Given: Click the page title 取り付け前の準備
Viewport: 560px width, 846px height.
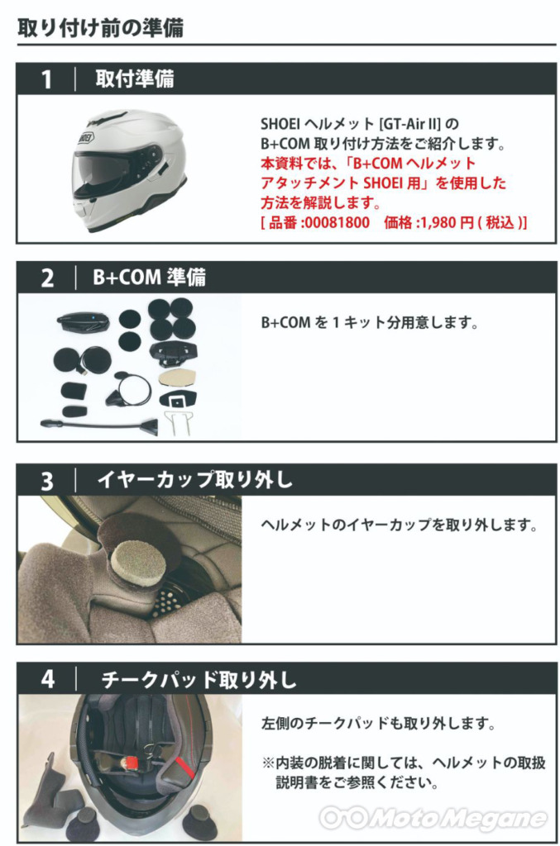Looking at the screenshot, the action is pyautogui.click(x=100, y=27).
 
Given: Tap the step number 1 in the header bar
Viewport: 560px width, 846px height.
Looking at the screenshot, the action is pyautogui.click(x=47, y=79).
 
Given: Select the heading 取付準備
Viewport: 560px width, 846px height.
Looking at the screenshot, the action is pyautogui.click(x=135, y=78).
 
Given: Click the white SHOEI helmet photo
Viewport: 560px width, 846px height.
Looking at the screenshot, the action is pyautogui.click(x=129, y=170).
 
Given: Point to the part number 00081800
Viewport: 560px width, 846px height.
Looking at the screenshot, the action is pyautogui.click(x=337, y=222).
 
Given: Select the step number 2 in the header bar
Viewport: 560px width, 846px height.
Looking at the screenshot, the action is pyautogui.click(x=47, y=278).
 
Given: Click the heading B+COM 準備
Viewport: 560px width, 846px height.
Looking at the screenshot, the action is pyautogui.click(x=149, y=278).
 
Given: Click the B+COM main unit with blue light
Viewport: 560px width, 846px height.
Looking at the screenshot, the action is pyautogui.click(x=84, y=322).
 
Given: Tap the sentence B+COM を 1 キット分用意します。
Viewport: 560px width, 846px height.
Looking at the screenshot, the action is pyautogui.click(x=370, y=323).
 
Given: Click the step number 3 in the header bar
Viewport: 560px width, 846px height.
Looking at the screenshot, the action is pyautogui.click(x=47, y=481).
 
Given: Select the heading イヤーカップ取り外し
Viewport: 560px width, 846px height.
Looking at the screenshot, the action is pyautogui.click(x=195, y=480).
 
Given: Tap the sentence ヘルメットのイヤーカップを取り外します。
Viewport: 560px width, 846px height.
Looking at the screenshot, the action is pyautogui.click(x=399, y=525).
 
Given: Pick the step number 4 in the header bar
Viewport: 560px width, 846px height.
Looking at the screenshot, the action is pyautogui.click(x=48, y=679).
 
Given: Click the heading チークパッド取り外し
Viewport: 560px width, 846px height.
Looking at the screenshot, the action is pyautogui.click(x=199, y=679).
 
